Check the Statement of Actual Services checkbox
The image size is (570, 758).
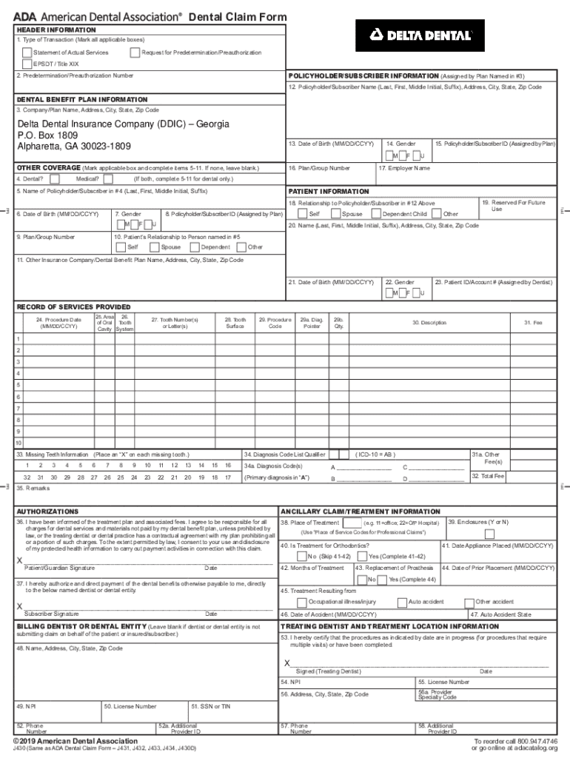[x=27, y=53]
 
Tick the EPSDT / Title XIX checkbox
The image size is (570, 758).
[x=27, y=64]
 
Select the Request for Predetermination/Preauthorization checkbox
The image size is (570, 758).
[x=135, y=53]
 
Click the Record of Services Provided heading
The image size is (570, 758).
[x=73, y=306]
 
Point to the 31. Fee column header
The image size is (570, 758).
[x=533, y=322]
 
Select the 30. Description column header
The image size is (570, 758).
[x=429, y=322]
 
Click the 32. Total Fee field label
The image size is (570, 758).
[x=488, y=476]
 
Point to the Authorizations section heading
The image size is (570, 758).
[x=47, y=512]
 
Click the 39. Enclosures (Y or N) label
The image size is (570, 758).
[x=478, y=522]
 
